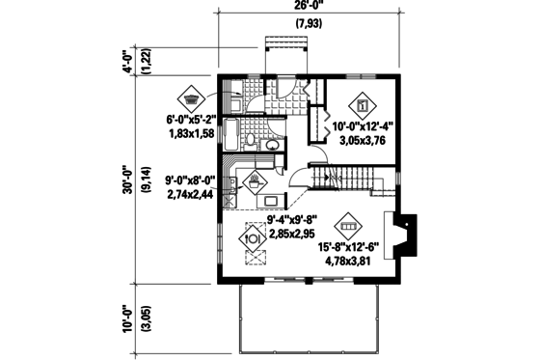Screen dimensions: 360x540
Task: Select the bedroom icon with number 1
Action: point(364,102)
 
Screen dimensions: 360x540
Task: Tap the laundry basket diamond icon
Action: point(190,98)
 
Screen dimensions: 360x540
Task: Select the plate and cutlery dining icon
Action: point(254,233)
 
